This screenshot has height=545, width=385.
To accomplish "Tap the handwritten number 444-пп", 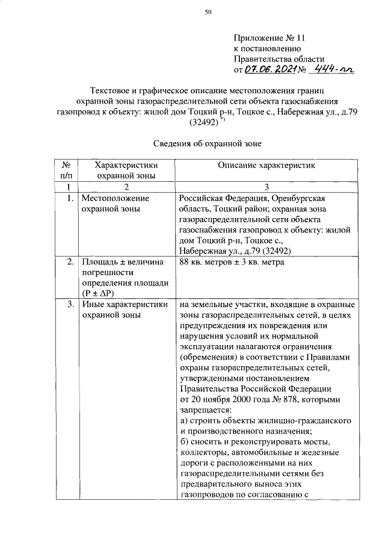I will tap(333, 70).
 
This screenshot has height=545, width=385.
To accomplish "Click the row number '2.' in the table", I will tap(70, 262).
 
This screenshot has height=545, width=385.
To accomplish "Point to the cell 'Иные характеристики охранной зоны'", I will tap(124, 310).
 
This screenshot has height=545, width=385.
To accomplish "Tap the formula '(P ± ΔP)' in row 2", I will tap(102, 293).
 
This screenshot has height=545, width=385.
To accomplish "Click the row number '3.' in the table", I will tap(70, 305).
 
